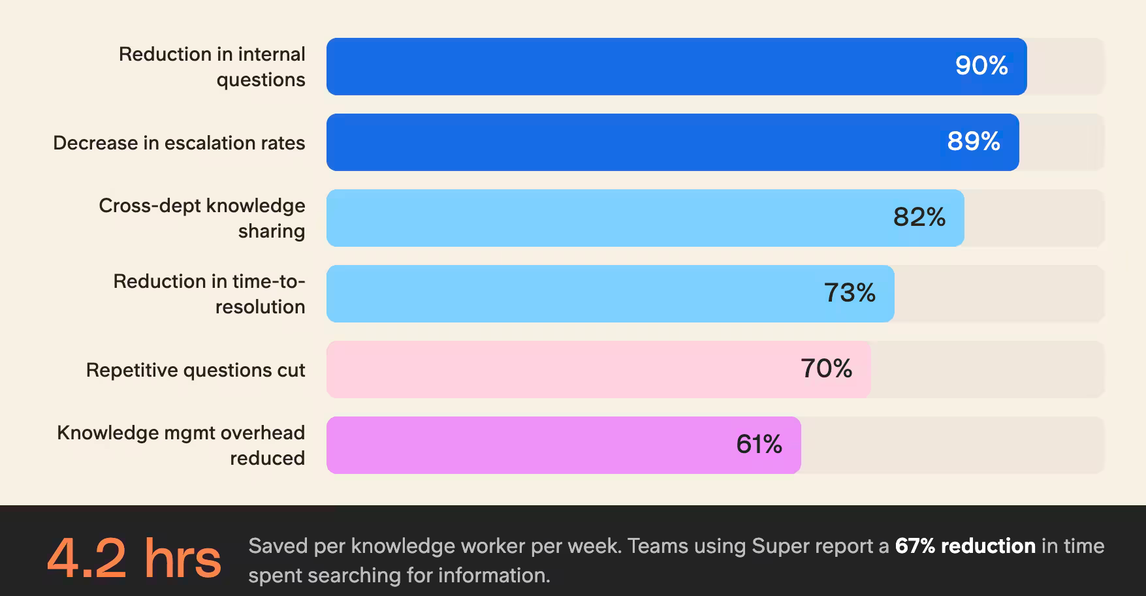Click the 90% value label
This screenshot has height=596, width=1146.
click(981, 66)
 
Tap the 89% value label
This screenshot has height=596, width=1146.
click(974, 142)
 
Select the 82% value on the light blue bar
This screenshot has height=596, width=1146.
click(919, 217)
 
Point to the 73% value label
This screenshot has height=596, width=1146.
click(850, 293)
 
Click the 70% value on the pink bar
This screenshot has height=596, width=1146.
click(826, 369)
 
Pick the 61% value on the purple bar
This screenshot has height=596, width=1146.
click(759, 445)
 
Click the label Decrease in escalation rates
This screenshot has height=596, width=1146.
click(179, 143)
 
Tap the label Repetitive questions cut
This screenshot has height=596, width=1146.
click(195, 370)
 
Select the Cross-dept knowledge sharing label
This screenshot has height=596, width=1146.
click(202, 218)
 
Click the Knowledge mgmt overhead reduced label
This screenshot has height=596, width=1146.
click(181, 445)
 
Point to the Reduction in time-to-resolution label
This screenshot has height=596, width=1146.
click(209, 294)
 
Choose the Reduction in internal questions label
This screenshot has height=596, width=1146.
click(212, 67)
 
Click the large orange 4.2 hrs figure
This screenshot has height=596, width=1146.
click(134, 559)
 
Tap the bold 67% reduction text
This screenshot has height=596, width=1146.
click(965, 546)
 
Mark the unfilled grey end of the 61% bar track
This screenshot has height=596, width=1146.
click(951, 445)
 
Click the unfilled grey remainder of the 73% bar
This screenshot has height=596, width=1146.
click(998, 294)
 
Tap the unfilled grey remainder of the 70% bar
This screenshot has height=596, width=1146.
click(986, 369)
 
